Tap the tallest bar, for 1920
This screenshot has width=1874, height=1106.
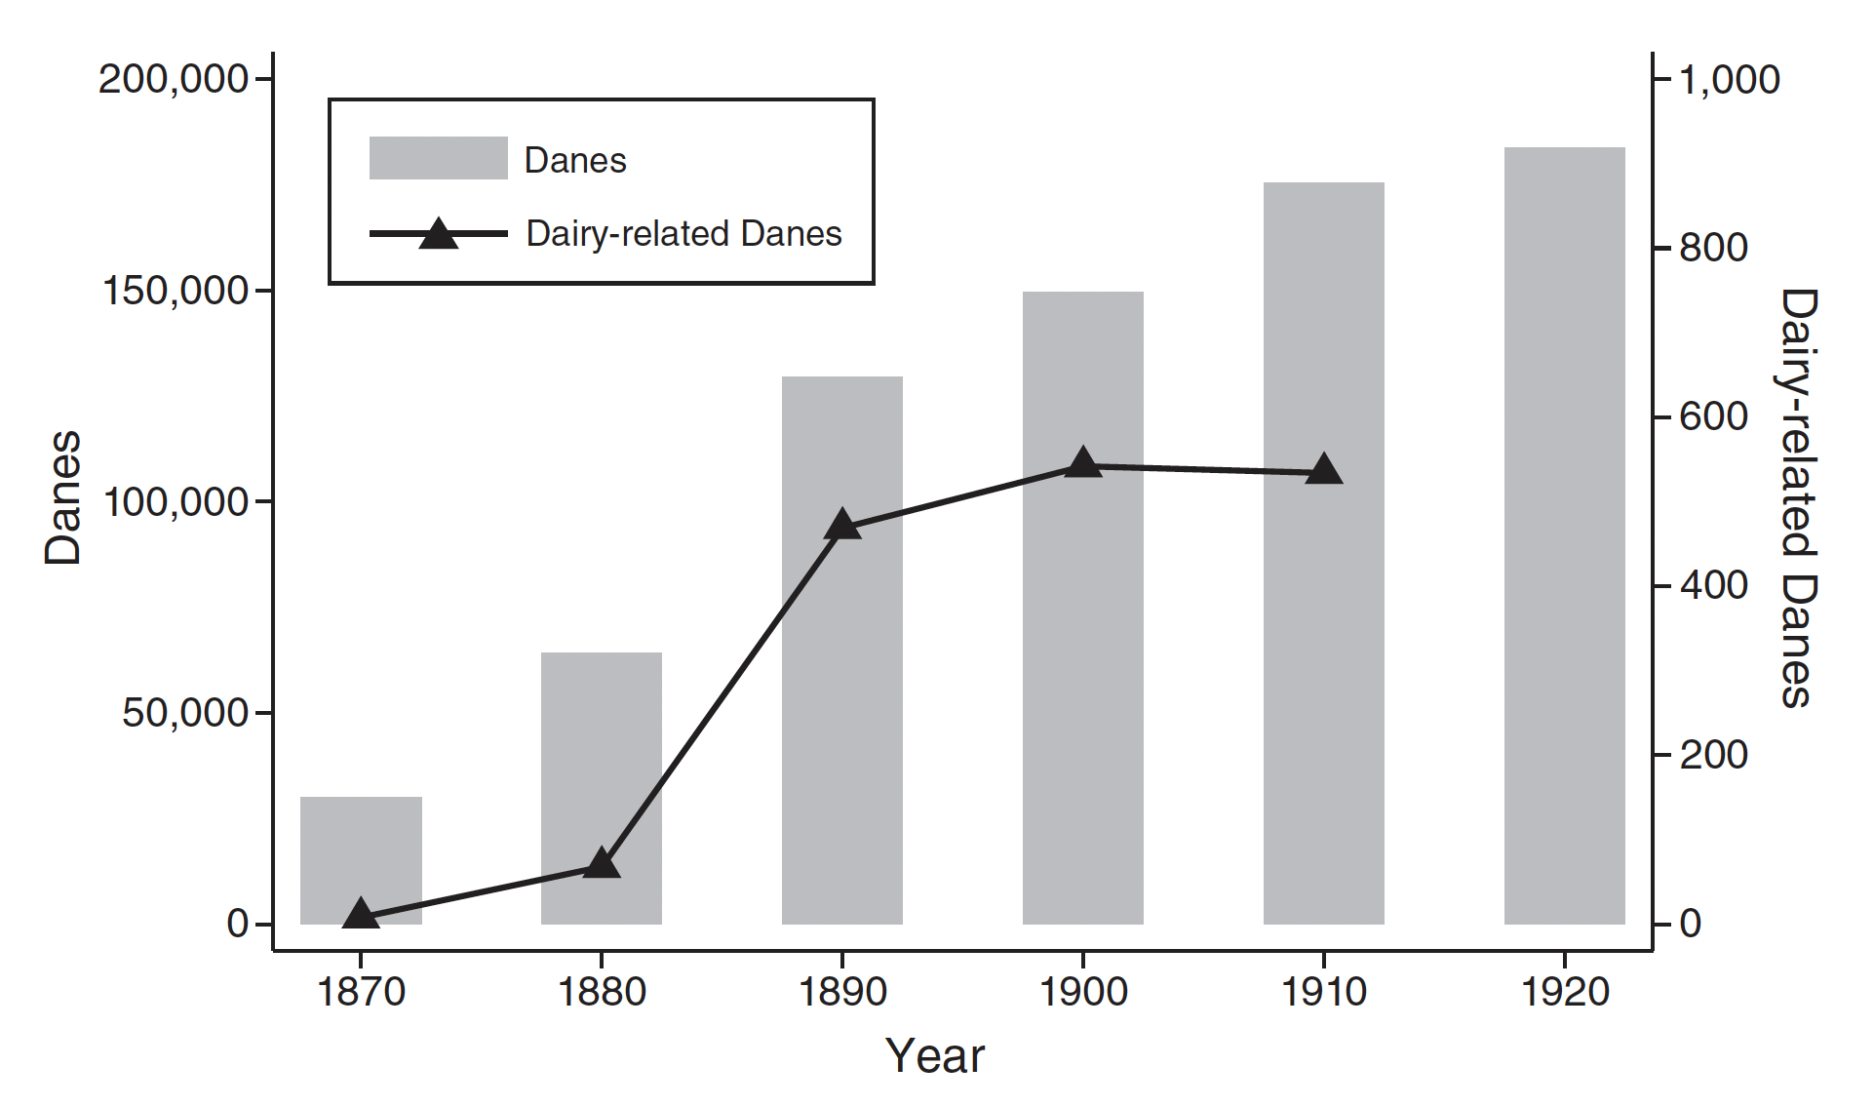point(1564,535)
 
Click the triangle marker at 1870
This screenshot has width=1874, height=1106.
point(361,914)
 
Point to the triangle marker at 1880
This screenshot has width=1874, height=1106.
point(602,864)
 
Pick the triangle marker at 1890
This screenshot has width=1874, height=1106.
point(842,526)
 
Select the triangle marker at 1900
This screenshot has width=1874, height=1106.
point(1082,463)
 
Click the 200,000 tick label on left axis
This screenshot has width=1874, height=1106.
point(174,79)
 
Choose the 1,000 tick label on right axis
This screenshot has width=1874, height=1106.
point(1729,79)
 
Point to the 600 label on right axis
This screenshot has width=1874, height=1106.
point(1713,417)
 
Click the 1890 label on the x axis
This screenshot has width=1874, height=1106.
point(842,992)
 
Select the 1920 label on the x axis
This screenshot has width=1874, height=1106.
point(1564,992)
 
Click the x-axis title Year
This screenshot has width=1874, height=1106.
point(935,1056)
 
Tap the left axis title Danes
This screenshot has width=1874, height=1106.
point(63,497)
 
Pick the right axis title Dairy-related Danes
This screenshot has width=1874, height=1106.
point(1797,497)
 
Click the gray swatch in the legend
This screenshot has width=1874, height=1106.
point(438,158)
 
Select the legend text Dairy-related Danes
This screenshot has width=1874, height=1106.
point(683,234)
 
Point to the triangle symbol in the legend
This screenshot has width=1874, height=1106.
point(439,234)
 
